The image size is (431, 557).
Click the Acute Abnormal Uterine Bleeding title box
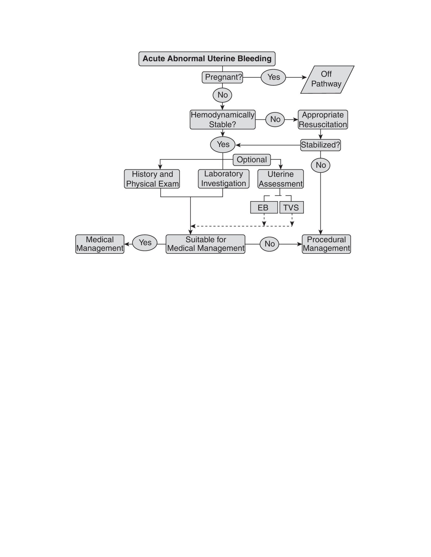pyautogui.click(x=207, y=59)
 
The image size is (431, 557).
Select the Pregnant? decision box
pyautogui.click(x=222, y=77)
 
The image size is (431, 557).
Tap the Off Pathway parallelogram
pyautogui.click(x=327, y=79)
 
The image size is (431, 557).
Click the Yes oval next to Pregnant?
pyautogui.click(x=273, y=77)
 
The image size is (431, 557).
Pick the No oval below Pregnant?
pyautogui.click(x=222, y=95)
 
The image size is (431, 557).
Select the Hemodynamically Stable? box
pyautogui.click(x=222, y=120)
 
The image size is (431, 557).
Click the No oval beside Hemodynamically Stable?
pyautogui.click(x=275, y=120)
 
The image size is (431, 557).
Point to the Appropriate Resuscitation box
pyautogui.click(x=323, y=120)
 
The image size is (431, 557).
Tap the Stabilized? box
pyautogui.click(x=320, y=145)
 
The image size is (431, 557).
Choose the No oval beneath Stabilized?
pyautogui.click(x=321, y=165)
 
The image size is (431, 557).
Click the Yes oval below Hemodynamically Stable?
pyautogui.click(x=223, y=145)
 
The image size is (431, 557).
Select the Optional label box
pyautogui.click(x=252, y=160)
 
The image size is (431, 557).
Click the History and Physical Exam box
pyautogui.click(x=152, y=179)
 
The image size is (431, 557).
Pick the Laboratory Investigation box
pyautogui.click(x=223, y=179)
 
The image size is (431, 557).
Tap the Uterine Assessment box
pyautogui.click(x=281, y=179)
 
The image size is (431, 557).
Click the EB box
pyautogui.click(x=264, y=207)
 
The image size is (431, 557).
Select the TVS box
pyautogui.click(x=291, y=207)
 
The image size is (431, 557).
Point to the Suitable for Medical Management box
pyautogui.click(x=205, y=244)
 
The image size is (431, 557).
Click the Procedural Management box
pyautogui.click(x=326, y=244)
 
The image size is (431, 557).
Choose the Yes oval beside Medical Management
pyautogui.click(x=145, y=243)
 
